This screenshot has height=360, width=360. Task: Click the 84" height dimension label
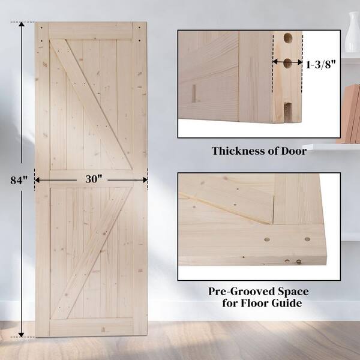pyautogui.click(x=19, y=180)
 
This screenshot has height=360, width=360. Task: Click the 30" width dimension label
pyautogui.click(x=94, y=179)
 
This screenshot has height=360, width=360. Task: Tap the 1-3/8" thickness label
pyautogui.click(x=321, y=65)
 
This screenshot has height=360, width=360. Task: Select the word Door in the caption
pyautogui.click(x=294, y=151)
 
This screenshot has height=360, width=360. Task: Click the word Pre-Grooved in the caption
pyautogui.click(x=242, y=292)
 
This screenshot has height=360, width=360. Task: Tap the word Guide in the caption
pyautogui.click(x=287, y=303)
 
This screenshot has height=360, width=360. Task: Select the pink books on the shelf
pyautogui.click(x=350, y=114)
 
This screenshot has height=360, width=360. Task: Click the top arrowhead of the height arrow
pyautogui.click(x=22, y=25)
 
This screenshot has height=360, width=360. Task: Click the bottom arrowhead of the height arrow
pyautogui.click(x=22, y=335)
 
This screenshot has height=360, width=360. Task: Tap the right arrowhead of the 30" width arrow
pyautogui.click(x=145, y=180)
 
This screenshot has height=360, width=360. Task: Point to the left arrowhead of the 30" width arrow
pyautogui.click(x=37, y=180)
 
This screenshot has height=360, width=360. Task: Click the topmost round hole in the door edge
pyautogui.click(x=287, y=38)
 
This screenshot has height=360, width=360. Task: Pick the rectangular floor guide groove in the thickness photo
pyautogui.click(x=287, y=112)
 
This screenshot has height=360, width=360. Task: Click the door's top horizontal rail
pyautogui.click(x=91, y=31)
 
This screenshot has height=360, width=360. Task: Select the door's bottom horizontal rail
pyautogui.click(x=91, y=327)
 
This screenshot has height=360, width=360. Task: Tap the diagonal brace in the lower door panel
pyautogui.click(x=91, y=253)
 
